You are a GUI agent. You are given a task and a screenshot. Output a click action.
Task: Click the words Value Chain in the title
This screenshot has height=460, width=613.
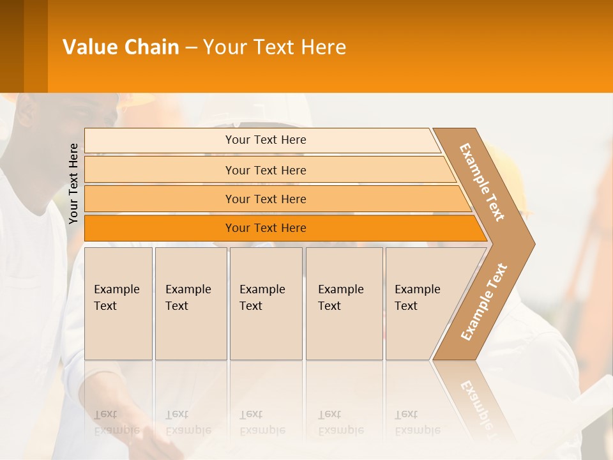click(121, 47)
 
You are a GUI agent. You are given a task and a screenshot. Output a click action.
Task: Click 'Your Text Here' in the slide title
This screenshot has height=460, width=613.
click(275, 47)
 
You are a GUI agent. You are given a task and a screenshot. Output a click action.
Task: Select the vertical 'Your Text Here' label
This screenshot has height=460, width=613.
click(73, 183)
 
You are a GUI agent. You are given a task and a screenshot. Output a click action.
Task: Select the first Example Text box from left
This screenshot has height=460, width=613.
click(118, 303)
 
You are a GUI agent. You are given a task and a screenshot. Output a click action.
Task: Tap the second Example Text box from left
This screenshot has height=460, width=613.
click(190, 303)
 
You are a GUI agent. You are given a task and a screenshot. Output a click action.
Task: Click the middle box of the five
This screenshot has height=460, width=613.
click(266, 303)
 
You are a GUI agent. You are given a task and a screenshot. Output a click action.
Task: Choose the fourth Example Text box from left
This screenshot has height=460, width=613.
click(344, 303)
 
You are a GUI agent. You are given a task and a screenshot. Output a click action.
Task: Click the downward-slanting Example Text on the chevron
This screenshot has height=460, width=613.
click(483, 182)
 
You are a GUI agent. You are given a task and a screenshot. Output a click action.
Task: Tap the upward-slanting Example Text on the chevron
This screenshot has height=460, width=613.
click(484, 302)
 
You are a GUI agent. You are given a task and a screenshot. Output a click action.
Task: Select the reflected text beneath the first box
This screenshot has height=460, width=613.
click(116, 423)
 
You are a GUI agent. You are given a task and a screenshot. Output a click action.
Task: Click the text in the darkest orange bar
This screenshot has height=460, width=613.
click(266, 228)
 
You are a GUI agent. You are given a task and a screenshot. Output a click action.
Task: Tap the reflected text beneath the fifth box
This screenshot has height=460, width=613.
click(417, 423)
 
